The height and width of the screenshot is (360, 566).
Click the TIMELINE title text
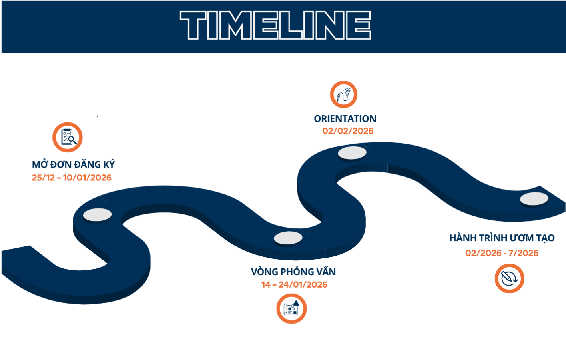point(275,25)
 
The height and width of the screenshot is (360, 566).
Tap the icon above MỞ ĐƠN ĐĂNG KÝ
point(68,137)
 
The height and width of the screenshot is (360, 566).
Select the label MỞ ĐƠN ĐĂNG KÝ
point(73,164)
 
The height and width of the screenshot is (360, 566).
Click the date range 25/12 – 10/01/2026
point(72,178)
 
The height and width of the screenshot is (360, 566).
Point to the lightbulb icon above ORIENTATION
point(343,94)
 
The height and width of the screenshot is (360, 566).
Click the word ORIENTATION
point(345,119)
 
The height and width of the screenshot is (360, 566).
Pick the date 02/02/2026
point(348,131)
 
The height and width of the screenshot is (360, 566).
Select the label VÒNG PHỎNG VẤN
point(293,272)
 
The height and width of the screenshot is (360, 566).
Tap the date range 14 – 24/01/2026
point(294,285)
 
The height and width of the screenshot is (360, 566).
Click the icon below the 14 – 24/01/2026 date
point(291,309)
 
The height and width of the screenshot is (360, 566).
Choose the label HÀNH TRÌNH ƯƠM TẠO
point(502,238)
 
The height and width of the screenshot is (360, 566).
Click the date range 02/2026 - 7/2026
point(502,253)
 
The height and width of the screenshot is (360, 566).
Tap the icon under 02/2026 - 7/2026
point(509,278)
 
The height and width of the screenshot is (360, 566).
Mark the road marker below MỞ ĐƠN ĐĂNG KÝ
point(97,215)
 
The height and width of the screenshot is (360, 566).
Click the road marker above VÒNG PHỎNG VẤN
point(288,238)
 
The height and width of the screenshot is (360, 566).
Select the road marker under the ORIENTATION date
point(352,153)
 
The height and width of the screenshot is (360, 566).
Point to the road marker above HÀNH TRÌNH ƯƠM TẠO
point(534,199)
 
